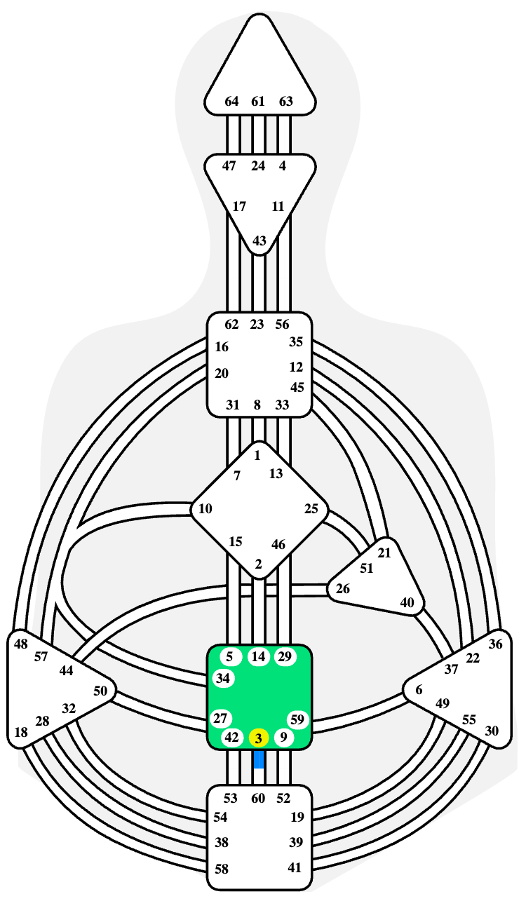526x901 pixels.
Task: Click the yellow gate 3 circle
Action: pos(258,738)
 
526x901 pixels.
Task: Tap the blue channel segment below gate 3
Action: pos(259,759)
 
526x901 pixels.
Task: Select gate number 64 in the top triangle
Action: pos(231,102)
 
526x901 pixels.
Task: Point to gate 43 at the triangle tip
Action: pos(259,241)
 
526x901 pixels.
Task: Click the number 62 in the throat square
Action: pos(231,324)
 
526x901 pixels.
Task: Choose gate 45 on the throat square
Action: pos(297,387)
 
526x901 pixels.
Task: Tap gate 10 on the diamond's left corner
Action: pos(205,509)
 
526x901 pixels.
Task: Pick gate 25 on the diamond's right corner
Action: pos(311,509)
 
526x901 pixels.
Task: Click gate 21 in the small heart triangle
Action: pos(384,553)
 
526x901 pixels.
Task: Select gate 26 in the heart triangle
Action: pos(342,589)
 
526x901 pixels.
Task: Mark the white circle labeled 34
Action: pos(223,679)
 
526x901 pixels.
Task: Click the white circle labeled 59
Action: pos(297,719)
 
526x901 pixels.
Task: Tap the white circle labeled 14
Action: pos(258,657)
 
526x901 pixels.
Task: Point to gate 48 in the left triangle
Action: pos(21,644)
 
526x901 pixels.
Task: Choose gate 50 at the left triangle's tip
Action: pos(100,691)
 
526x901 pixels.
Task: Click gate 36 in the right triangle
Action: pos(495,644)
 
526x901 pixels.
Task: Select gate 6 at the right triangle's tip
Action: pos(419,690)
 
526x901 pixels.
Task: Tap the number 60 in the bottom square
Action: pos(258,798)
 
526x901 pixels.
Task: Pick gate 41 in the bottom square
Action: pos(295,867)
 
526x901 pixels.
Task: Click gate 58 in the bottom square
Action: pos(222,869)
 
